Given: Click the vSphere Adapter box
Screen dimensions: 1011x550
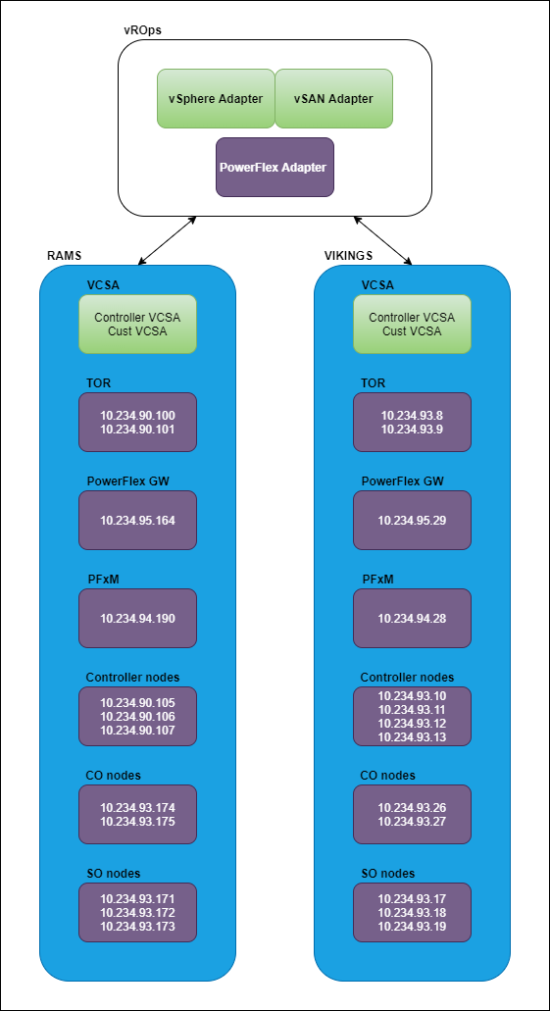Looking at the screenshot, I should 216,98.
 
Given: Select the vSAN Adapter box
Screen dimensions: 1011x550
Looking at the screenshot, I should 333,98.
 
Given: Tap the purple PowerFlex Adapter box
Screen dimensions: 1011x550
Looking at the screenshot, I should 275,167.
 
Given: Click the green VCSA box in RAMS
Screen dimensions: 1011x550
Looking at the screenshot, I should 137,325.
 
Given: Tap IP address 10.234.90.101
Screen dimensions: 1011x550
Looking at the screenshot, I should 137,429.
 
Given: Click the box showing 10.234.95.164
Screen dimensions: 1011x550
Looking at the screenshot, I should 137,520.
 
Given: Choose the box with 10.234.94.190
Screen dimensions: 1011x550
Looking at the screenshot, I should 137,618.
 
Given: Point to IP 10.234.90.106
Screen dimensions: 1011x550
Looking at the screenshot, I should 137,716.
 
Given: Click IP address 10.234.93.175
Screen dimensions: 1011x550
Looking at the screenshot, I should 137,821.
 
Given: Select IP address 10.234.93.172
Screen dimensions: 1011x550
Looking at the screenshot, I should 137,912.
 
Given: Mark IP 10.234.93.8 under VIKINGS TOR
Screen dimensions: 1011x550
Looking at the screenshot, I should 412,416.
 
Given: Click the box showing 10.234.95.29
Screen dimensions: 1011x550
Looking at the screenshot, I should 412,520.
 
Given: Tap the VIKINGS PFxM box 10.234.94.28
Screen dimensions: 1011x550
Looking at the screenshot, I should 412,618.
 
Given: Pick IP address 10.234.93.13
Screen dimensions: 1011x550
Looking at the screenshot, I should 412,736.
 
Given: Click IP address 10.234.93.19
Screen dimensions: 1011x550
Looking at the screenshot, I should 412,925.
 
